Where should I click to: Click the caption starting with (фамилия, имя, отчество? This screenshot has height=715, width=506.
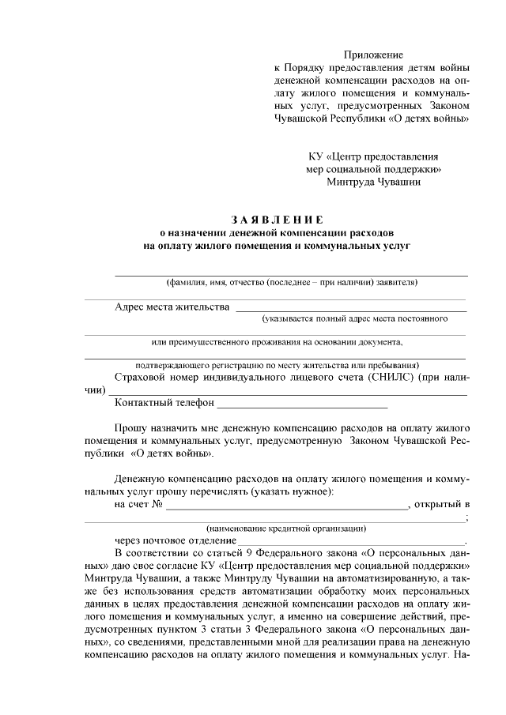pyautogui.click(x=291, y=282)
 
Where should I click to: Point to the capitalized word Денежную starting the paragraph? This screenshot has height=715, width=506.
pyautogui.click(x=142, y=479)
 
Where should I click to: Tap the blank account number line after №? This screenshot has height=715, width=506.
pyautogui.click(x=285, y=507)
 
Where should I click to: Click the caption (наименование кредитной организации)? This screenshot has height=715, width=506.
pyautogui.click(x=285, y=528)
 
